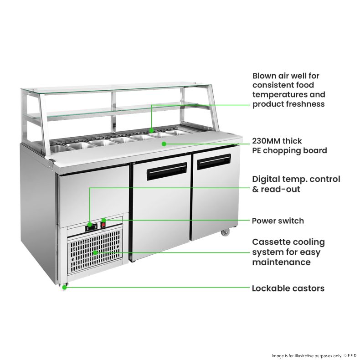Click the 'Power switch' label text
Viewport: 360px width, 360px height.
tap(278, 221)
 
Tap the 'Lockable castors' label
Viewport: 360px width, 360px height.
tap(288, 288)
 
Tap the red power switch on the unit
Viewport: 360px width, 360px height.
tap(103, 225)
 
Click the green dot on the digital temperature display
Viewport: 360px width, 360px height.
tap(90, 225)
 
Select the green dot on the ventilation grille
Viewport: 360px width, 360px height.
tap(95, 252)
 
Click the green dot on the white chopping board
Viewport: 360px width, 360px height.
tap(163, 143)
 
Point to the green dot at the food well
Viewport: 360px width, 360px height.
tap(151, 130)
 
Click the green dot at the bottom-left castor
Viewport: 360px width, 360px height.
tap(65, 288)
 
